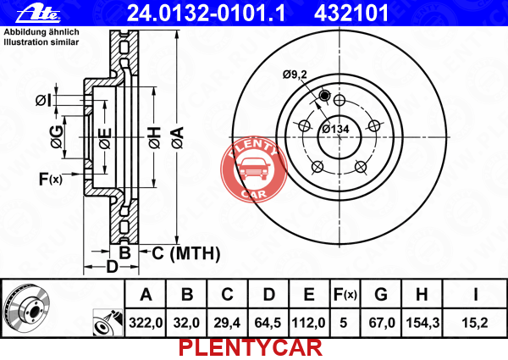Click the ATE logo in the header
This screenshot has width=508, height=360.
pos(38,14)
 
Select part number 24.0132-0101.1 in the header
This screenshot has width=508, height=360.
pos(207,14)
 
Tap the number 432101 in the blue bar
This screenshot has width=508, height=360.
pos(351,14)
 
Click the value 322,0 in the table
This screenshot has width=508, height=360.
pos(146,323)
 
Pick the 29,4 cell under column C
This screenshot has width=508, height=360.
pos(227,323)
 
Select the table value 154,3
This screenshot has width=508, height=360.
pos(422,323)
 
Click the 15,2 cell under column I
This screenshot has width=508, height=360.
pos(475,323)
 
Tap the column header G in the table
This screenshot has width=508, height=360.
pos(381,295)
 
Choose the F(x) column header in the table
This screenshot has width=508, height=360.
pos(345,295)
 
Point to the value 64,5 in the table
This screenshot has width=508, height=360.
pos(268,323)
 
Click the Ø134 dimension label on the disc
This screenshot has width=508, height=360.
pos(335,129)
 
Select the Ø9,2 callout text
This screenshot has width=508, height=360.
pos(295,75)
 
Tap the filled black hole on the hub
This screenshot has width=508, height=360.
pos(324,95)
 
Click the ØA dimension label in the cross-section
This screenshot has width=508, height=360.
pos(178,138)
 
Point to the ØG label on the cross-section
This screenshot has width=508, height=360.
pos(57,137)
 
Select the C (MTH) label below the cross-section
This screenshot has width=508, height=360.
pos(186,253)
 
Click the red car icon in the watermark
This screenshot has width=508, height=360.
pos(254,169)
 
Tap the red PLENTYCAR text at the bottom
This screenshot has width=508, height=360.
pos(251,348)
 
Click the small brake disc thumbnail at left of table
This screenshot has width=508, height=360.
pos(27,307)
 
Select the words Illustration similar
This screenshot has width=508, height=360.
pos(41,42)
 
